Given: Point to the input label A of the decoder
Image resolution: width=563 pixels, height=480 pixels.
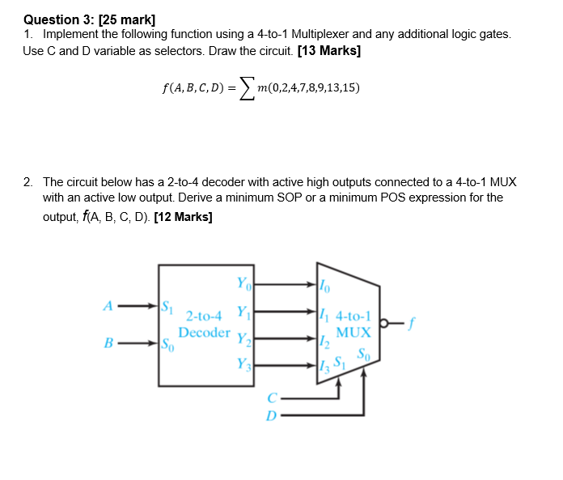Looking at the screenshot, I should (107, 307).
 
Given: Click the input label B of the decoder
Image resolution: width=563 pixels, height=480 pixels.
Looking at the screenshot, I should (107, 343).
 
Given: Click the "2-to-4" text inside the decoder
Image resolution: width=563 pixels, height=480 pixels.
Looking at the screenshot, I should (203, 316).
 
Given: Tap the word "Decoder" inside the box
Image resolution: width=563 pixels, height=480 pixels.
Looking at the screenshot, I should (204, 332).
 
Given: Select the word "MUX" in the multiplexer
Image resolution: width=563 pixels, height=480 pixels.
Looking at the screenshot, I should (353, 332).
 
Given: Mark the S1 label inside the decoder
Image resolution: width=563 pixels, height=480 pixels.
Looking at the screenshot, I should (167, 307).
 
